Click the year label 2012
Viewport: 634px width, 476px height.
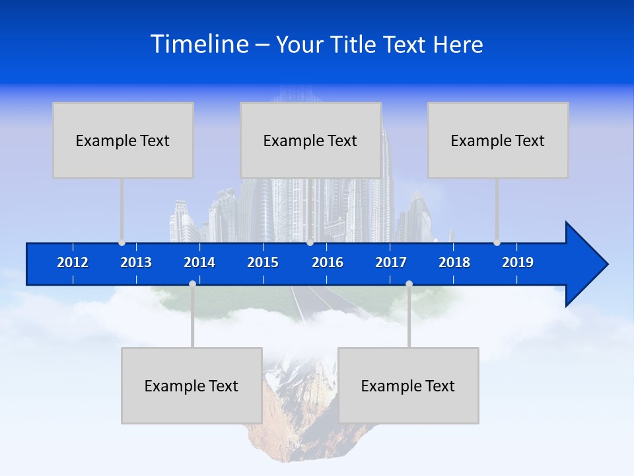[73, 262]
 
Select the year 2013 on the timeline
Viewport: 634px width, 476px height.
[136, 262]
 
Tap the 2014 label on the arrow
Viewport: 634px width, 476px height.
[199, 262]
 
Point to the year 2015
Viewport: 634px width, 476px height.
[263, 262]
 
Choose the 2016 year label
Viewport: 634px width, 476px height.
[328, 262]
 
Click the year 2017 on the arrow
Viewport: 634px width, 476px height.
[391, 262]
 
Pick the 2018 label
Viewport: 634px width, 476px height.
[454, 262]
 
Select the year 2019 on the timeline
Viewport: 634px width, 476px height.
[518, 262]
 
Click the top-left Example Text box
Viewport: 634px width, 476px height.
[123, 140]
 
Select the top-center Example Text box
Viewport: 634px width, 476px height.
[310, 140]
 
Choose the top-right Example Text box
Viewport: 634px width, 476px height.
[498, 140]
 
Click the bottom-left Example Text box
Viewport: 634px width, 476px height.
[192, 385]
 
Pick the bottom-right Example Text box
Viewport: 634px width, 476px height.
[408, 385]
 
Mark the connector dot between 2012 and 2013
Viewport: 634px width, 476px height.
[122, 243]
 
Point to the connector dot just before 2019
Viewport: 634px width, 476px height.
[497, 243]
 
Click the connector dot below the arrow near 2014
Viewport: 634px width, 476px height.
[192, 284]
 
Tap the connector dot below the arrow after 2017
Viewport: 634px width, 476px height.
[409, 284]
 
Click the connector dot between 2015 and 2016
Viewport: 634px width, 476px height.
[310, 243]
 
